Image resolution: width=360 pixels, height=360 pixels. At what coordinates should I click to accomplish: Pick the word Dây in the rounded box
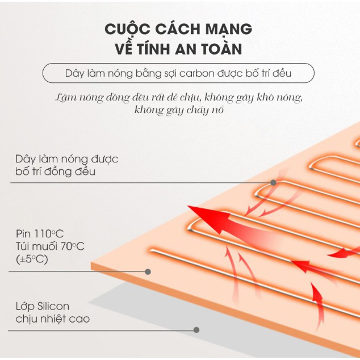click(x=74, y=73)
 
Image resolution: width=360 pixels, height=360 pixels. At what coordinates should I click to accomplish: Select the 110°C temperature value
click(x=49, y=233)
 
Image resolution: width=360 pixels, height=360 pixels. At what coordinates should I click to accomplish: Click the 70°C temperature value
click(x=73, y=246)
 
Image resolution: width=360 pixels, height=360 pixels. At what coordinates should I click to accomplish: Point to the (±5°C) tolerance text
click(x=32, y=259)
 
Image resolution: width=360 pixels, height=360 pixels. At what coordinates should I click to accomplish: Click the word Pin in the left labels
click(x=23, y=233)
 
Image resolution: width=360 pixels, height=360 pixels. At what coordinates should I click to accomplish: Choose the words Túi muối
click(x=37, y=246)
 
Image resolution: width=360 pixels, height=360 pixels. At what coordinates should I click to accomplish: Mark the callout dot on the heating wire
click(x=273, y=183)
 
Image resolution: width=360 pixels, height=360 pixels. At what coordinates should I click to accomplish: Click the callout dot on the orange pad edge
click(x=148, y=272)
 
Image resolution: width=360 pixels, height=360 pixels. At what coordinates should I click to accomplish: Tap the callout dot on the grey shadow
click(x=196, y=330)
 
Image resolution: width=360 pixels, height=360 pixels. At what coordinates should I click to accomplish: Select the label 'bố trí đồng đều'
click(x=55, y=171)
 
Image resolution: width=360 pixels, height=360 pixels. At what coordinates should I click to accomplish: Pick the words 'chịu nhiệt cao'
click(x=53, y=319)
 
